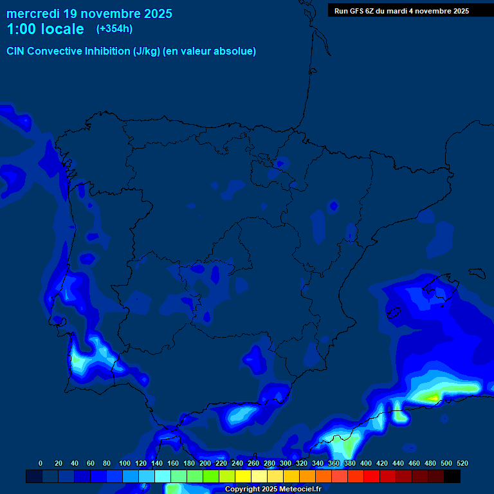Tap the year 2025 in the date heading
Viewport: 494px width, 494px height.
point(156,14)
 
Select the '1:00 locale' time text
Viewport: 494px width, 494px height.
point(45,29)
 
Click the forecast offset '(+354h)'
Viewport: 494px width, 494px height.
point(114,29)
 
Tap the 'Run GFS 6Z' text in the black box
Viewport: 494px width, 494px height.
point(356,11)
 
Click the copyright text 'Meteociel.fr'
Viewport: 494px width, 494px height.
point(300,489)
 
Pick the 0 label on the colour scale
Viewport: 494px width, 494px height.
point(41,463)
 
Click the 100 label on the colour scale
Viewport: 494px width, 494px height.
point(125,463)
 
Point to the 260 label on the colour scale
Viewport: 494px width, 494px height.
point(253,463)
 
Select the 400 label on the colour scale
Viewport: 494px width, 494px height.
point(366,463)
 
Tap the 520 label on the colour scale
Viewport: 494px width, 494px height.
point(462,463)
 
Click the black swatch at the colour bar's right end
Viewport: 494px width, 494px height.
point(452,477)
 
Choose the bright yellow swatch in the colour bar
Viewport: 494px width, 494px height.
point(243,477)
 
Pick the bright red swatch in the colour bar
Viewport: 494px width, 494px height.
point(372,477)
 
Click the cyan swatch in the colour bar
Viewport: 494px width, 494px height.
point(163,477)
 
